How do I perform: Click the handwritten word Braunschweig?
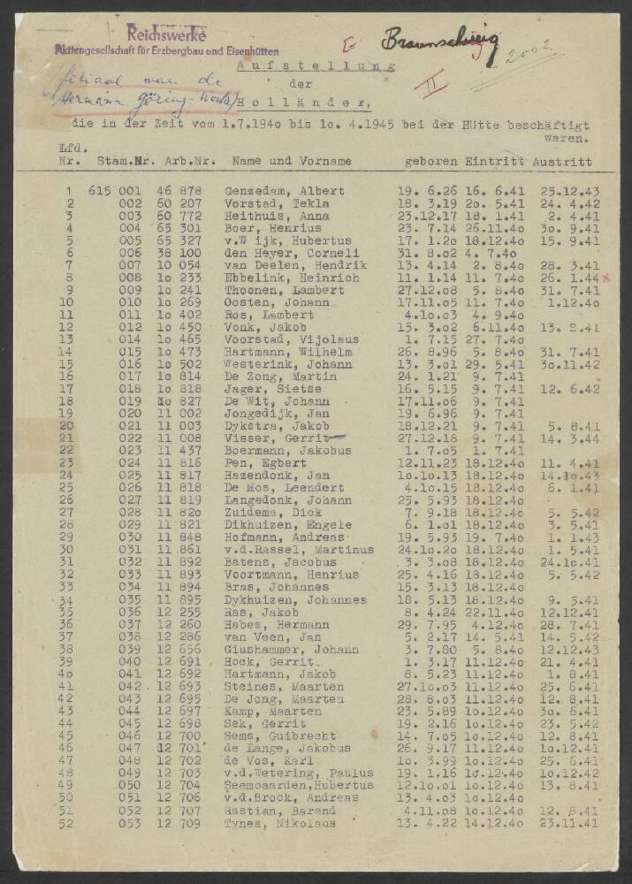click(440, 42)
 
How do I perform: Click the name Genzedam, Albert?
click(271, 191)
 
